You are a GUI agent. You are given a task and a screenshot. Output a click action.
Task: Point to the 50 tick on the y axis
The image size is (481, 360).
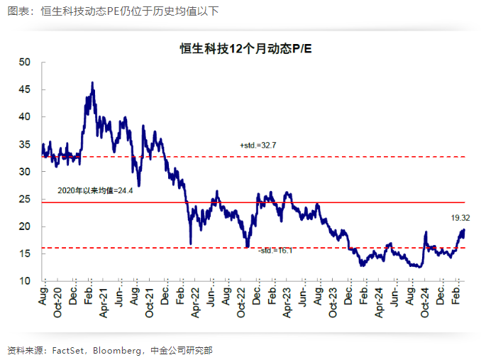click(26, 62)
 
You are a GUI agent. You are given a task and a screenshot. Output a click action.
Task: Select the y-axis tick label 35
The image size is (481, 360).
click(26, 145)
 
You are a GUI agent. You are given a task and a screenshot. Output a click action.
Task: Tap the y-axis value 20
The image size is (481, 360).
click(26, 227)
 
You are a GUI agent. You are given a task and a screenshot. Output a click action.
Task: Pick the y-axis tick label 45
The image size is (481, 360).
click(26, 90)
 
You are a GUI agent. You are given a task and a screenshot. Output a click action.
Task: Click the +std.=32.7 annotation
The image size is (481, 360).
click(258, 145)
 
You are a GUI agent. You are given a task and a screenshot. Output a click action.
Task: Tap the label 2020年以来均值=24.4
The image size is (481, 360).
click(95, 191)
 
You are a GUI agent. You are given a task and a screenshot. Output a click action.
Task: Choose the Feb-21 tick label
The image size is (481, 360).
click(88, 301)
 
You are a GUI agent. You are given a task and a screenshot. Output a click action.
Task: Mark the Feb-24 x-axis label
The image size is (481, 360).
click(363, 301)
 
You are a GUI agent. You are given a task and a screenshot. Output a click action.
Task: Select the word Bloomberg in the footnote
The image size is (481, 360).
click(125, 350)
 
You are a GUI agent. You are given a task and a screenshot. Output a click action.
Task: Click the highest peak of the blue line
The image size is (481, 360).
click(93, 82)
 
